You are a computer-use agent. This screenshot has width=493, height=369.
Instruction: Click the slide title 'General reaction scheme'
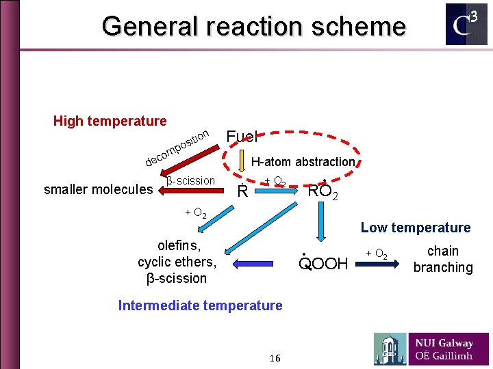coord(253,27)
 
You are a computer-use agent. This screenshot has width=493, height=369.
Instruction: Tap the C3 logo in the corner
coord(466,25)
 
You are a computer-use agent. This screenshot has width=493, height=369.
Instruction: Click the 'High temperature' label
coord(110,121)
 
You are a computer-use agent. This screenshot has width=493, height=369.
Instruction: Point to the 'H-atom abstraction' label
coord(303,162)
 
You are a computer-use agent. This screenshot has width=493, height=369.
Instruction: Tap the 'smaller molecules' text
coord(98,189)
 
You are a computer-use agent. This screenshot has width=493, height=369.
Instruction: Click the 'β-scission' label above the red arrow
coord(190,180)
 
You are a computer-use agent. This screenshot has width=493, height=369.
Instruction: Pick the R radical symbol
coord(241,191)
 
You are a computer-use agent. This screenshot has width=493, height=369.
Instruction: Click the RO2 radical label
coord(323,191)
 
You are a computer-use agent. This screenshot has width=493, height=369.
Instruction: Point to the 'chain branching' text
coord(442,259)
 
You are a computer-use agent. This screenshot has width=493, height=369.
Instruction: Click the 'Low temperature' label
coord(416,228)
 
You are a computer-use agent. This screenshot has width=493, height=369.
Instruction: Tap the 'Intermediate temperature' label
coord(200,305)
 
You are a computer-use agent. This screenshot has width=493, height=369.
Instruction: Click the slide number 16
coord(275,358)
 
